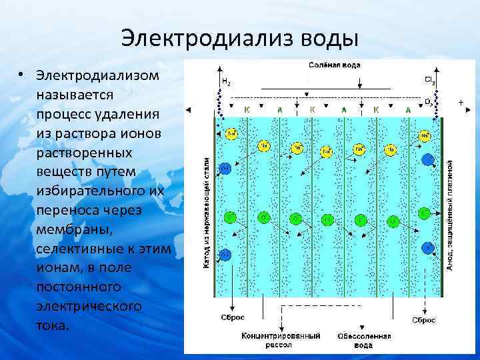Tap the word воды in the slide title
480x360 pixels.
click(x=325, y=37)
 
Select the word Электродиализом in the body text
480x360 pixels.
click(x=98, y=74)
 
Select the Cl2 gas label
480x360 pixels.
click(x=430, y=79)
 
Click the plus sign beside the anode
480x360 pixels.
click(x=461, y=103)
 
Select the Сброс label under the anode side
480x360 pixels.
click(x=423, y=320)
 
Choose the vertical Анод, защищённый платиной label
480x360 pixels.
click(x=451, y=213)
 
